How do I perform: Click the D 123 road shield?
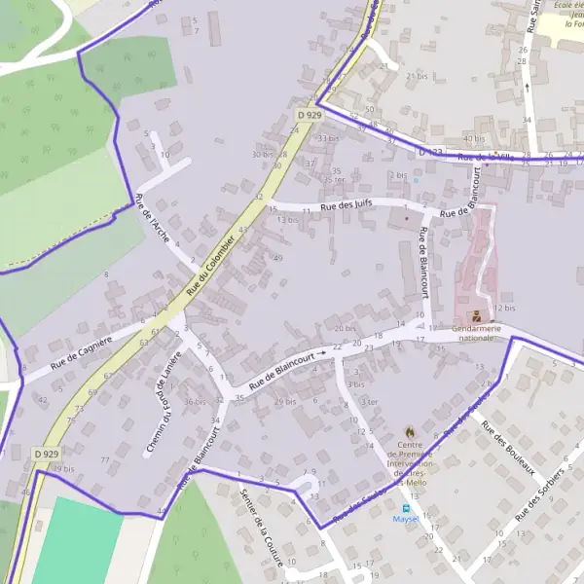pyautogui.click(x=430, y=152)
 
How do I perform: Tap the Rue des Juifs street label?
pyautogui.click(x=350, y=205)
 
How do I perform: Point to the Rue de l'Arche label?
pyautogui.click(x=153, y=218)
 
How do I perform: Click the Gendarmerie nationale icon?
pyautogui.click(x=476, y=315)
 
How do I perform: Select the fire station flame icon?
pyautogui.click(x=410, y=431)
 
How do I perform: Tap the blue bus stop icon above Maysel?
pyautogui.click(x=406, y=507)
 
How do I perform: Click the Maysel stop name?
pyautogui.click(x=406, y=519)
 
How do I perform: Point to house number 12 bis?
pyautogui.click(x=504, y=308)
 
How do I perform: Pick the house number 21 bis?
pyautogui.click(x=417, y=76)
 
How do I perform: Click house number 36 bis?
pyautogui.click(x=195, y=401)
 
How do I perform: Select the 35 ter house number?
pyautogui.click(x=334, y=179)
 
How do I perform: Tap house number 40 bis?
pyautogui.click(x=473, y=139)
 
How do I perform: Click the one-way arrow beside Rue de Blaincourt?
pyautogui.click(x=321, y=354)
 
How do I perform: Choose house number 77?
pyautogui.click(x=105, y=459)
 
